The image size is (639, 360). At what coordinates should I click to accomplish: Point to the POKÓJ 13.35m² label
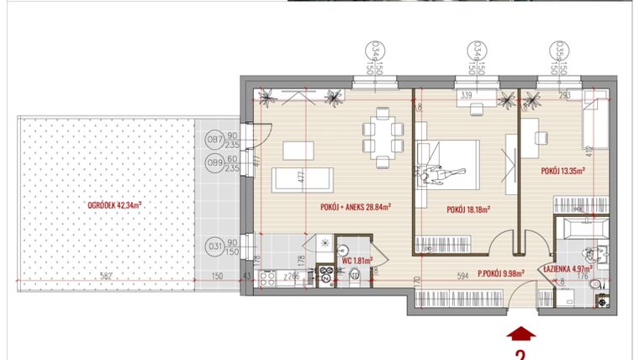563,170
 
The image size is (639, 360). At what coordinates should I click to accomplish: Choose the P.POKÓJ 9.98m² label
501,273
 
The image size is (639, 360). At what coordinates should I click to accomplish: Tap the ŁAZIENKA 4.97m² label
568,269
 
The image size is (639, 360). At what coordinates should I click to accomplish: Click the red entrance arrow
520,333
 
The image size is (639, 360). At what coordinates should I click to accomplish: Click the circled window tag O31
214,247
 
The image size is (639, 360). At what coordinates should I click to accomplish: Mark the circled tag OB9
214,162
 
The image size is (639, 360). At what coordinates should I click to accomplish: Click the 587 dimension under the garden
104,276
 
